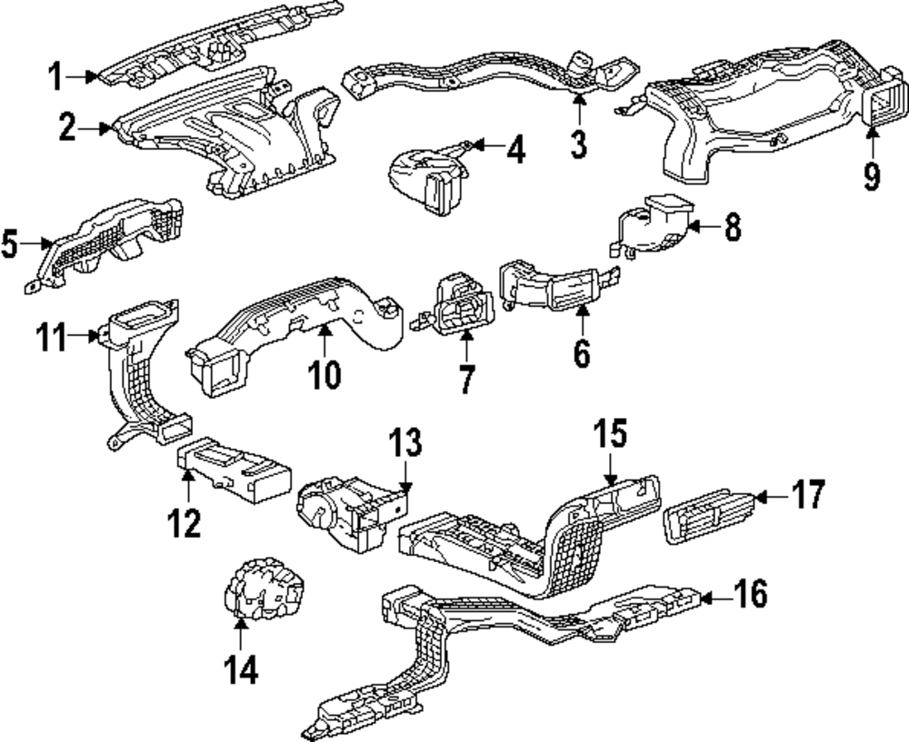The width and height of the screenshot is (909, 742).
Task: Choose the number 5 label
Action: pos(11,243)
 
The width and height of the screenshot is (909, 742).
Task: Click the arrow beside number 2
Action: pos(98,129)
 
